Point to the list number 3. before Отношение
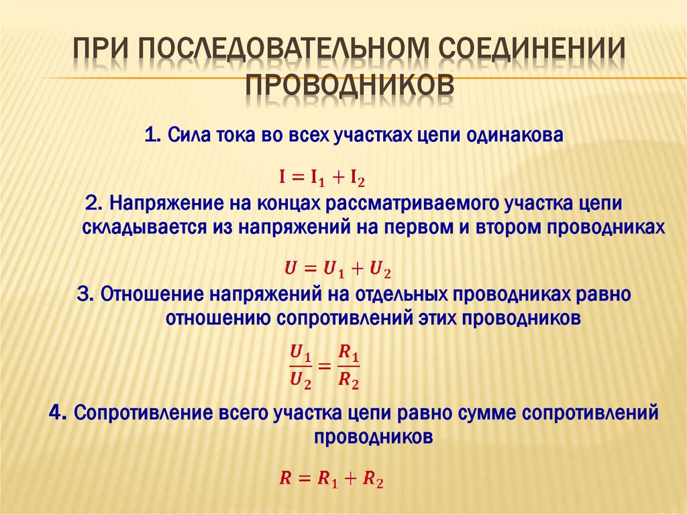[x=87, y=295]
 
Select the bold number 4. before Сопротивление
[x=58, y=413]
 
